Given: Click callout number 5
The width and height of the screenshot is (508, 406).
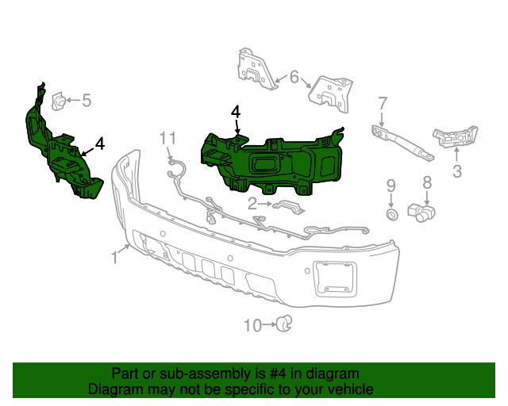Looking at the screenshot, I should coord(87,101).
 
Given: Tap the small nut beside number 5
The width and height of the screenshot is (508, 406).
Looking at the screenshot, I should coord(59,101).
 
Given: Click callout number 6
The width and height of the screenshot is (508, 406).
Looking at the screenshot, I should coord(294,78).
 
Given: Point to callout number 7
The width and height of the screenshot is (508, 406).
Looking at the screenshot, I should coord(382,103).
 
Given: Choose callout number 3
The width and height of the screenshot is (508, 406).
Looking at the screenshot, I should coord(456,170).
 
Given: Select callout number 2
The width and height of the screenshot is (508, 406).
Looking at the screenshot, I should coord(252,204).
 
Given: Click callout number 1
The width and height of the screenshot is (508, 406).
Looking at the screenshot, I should coord(114,257).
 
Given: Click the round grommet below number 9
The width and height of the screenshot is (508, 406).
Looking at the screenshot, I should coord(391,213).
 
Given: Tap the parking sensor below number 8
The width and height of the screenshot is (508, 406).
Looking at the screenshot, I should coord(421,212).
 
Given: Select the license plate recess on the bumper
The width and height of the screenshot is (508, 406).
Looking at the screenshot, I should coord(334,278).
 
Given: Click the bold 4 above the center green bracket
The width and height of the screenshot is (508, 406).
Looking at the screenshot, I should coord(236,113).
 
